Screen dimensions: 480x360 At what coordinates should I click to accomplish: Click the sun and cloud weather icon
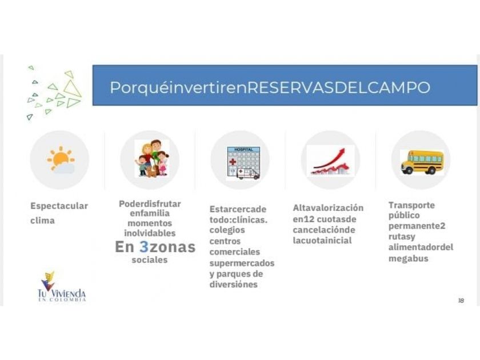(x=61, y=160)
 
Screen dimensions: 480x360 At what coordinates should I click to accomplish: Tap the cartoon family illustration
(x=153, y=159)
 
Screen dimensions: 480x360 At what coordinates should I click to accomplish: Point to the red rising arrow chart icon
(x=331, y=161)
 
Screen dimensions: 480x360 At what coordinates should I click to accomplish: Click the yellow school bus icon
(x=422, y=162)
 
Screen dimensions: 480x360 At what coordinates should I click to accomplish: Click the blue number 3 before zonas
(x=144, y=247)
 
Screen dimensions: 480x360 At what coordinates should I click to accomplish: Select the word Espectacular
(x=59, y=206)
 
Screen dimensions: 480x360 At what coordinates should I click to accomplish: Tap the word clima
(x=42, y=220)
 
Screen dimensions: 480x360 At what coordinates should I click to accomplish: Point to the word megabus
(x=409, y=259)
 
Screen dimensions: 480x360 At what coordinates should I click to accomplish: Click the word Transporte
(x=411, y=205)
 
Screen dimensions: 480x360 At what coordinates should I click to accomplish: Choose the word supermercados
(x=242, y=263)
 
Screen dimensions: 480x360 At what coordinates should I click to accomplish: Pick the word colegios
(x=227, y=230)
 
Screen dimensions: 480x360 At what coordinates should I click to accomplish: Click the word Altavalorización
(x=328, y=208)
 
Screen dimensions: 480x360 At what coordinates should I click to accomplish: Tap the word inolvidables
(x=150, y=233)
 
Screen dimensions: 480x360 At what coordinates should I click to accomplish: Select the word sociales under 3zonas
(x=150, y=260)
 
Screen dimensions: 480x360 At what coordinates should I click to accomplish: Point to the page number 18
(x=461, y=301)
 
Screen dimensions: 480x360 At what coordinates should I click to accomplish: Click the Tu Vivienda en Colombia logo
(x=62, y=287)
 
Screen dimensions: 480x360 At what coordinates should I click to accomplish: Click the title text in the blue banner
(x=270, y=87)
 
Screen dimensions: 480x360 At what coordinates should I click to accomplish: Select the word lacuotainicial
(x=322, y=241)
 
